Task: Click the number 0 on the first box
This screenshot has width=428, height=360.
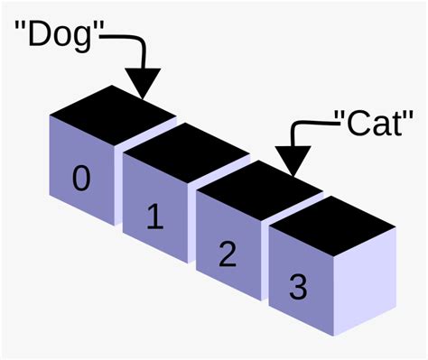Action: coord(81,180)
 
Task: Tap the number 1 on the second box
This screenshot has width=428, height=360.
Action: coord(154,217)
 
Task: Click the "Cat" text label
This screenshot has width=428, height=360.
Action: coord(379,123)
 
